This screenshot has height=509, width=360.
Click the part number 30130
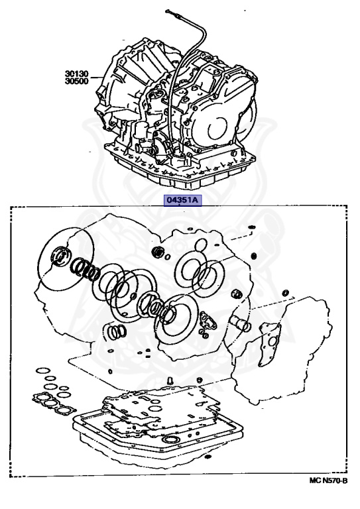tap(79, 74)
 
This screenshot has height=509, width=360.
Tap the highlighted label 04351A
tap(180, 198)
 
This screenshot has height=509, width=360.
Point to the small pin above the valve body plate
tap(169, 380)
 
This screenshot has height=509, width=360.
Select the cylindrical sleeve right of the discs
tap(239, 324)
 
